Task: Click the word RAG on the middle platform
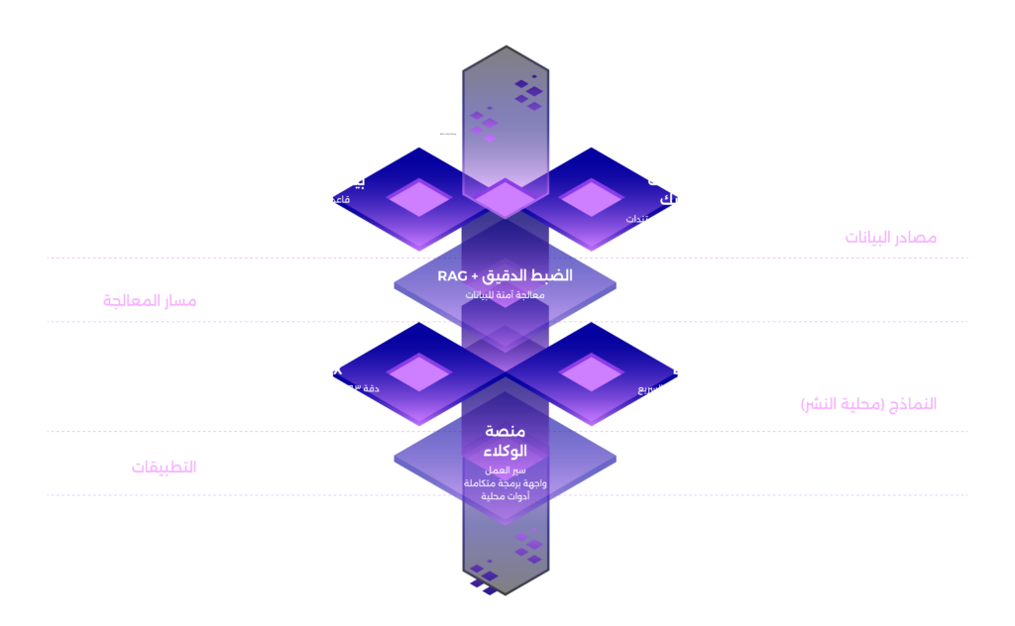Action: [x=452, y=275]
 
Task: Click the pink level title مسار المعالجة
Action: [x=150, y=301]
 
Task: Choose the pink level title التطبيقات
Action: [x=164, y=467]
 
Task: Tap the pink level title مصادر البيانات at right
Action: [x=890, y=238]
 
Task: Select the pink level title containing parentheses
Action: [x=868, y=404]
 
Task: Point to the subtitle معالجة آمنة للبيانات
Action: [x=506, y=295]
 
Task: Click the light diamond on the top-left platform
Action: [x=419, y=197]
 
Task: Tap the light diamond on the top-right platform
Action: [x=592, y=197]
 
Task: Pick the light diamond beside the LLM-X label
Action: [x=419, y=372]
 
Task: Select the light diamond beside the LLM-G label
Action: [x=592, y=372]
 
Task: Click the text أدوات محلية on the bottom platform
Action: [x=506, y=495]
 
